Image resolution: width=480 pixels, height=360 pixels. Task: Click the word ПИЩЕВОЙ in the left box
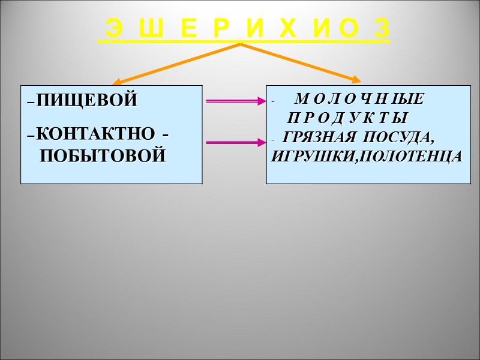point(86,101)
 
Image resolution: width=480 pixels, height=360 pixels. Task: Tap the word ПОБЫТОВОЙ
point(102,157)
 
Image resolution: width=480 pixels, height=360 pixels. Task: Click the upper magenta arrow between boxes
point(235,101)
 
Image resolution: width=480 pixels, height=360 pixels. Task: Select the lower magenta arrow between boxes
point(235,142)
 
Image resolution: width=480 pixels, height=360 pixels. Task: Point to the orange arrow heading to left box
point(177,63)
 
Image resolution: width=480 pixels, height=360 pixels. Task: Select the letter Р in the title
point(218,28)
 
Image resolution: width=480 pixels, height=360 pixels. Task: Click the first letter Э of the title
point(113,28)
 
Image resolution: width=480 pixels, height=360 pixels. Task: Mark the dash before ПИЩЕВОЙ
point(31,101)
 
